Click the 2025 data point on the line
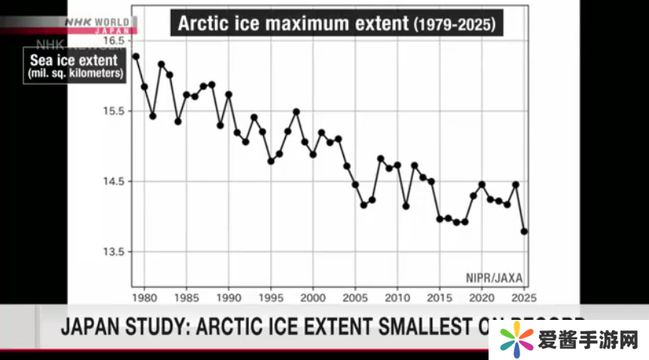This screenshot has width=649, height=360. click(x=525, y=231)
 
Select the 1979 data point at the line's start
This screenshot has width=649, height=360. click(x=136, y=56)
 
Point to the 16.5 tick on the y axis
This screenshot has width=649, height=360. click(x=116, y=40)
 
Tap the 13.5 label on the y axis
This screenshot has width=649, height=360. click(x=116, y=252)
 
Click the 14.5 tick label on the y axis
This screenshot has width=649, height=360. click(x=116, y=181)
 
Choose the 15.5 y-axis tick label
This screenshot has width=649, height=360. click(x=116, y=111)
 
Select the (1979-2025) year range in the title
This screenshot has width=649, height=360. click(x=455, y=24)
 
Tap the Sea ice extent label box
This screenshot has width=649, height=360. click(x=74, y=66)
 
